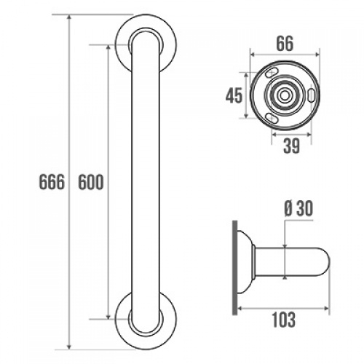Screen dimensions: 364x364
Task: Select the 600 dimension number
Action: tap(90, 181)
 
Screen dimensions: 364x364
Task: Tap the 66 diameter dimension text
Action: tap(284, 42)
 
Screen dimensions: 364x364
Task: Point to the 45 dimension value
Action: tap(234, 96)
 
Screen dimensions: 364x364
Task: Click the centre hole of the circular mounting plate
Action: tap(285, 96)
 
